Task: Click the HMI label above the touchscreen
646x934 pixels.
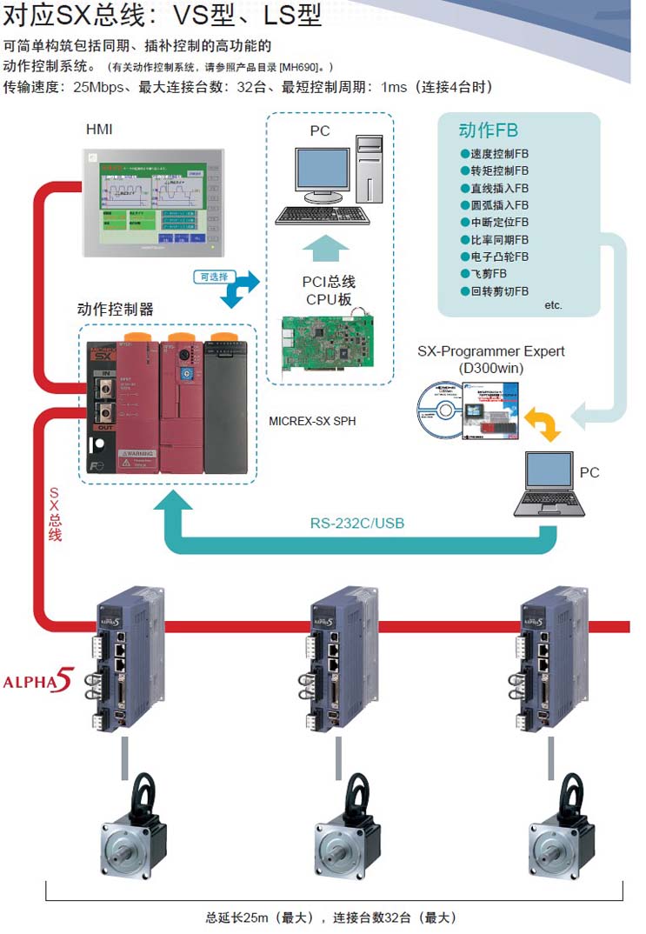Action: [98, 130]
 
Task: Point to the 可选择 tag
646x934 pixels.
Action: [214, 277]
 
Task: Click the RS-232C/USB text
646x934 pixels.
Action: [357, 524]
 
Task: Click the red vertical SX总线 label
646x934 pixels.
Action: [54, 514]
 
